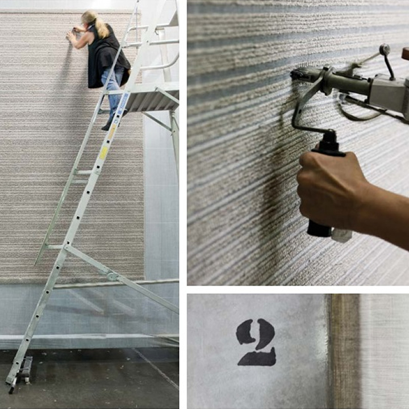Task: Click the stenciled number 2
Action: (256, 343)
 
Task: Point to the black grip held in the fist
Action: (323, 188)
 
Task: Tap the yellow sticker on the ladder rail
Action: (103, 153)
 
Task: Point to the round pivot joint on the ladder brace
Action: (112, 277)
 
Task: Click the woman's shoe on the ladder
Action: (107, 127)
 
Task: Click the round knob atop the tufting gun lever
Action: (384, 49)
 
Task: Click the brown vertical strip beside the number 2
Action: (344, 351)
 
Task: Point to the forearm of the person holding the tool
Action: (386, 208)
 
